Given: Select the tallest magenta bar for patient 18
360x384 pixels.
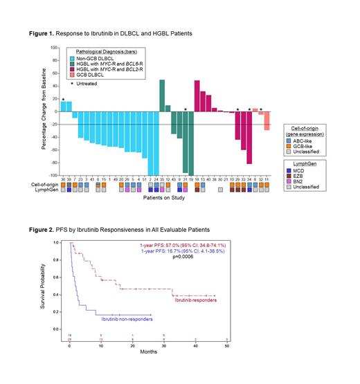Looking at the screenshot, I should click(x=197, y=96).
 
